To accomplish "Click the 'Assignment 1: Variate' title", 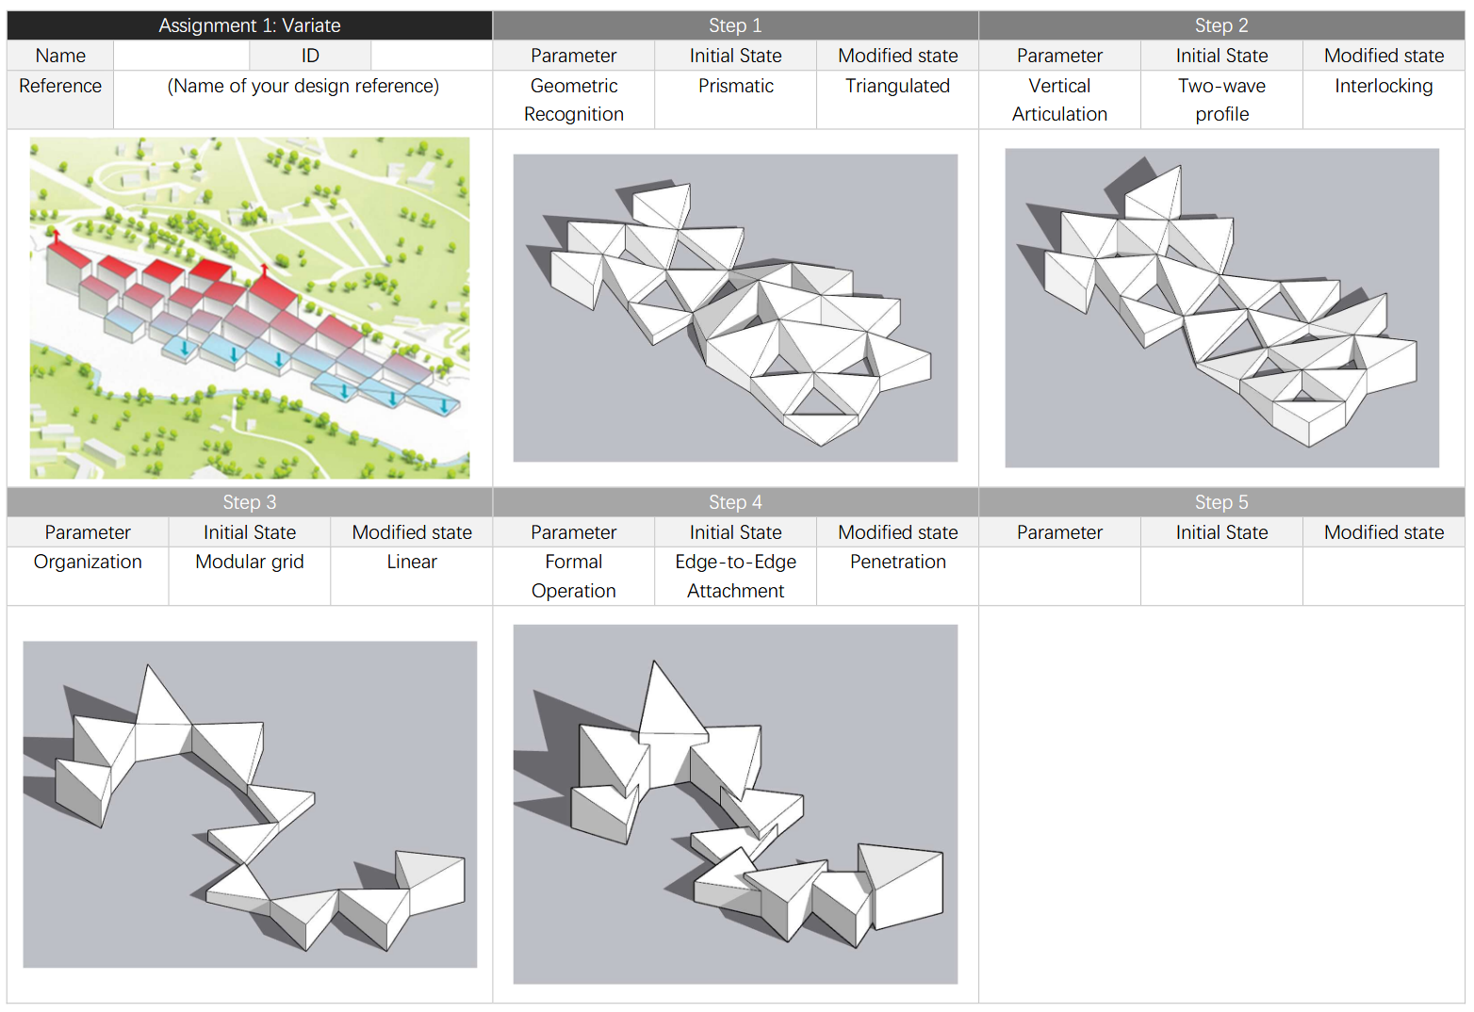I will pyautogui.click(x=249, y=25).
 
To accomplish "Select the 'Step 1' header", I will pyautogui.click(x=735, y=25).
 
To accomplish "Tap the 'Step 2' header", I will pyautogui.click(x=1221, y=25).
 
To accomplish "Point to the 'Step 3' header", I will pyautogui.click(x=249, y=502).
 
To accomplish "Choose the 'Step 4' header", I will pyautogui.click(x=735, y=502).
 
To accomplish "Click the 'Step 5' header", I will pyautogui.click(x=1221, y=502).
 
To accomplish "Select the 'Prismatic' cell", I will pyautogui.click(x=735, y=86).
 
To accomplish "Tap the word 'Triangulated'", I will pyautogui.click(x=897, y=86).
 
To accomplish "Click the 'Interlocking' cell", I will pyautogui.click(x=1384, y=86).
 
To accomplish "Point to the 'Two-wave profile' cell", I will pyautogui.click(x=1221, y=100).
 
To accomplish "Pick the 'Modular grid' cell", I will pyautogui.click(x=250, y=562).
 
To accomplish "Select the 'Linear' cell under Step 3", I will pyautogui.click(x=412, y=562).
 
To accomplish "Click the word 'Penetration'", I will pyautogui.click(x=897, y=562).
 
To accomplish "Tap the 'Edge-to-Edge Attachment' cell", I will pyautogui.click(x=735, y=576).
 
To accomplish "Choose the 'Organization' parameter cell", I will pyautogui.click(x=88, y=562).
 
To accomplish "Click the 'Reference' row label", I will pyautogui.click(x=60, y=86).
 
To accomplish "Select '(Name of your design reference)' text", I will pyautogui.click(x=303, y=86).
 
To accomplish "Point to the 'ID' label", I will pyautogui.click(x=310, y=56).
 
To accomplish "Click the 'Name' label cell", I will pyautogui.click(x=60, y=56).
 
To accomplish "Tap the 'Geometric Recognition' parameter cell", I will pyautogui.click(x=573, y=100).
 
